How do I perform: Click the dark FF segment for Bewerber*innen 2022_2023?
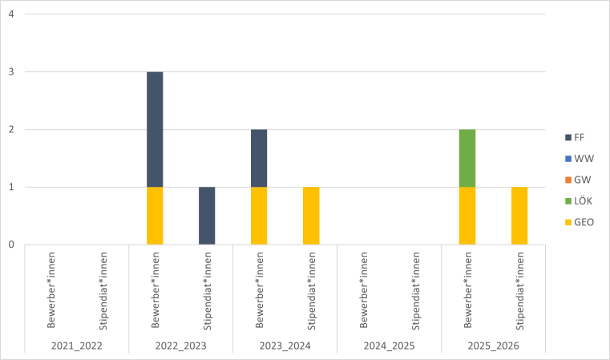coord(155,129)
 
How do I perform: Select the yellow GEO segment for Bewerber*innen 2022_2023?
coord(155,216)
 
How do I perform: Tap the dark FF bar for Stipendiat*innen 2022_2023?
coord(207,216)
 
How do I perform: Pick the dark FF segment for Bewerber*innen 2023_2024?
coord(259,158)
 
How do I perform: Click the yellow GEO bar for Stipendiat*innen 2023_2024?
coord(311,216)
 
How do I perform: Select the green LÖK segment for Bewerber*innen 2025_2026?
coord(467,158)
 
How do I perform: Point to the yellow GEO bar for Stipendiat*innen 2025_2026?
coord(519,216)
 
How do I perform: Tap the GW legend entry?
coord(578,179)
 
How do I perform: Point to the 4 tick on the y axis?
coord(11,14)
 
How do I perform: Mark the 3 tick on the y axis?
coord(11,72)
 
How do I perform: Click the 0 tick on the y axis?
coord(11,245)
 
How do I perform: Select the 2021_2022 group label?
coord(77,346)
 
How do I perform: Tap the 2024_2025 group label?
coord(390,346)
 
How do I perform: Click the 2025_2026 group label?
coord(494,346)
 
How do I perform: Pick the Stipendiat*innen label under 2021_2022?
coord(103,290)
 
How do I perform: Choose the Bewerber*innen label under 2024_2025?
coord(363,290)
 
